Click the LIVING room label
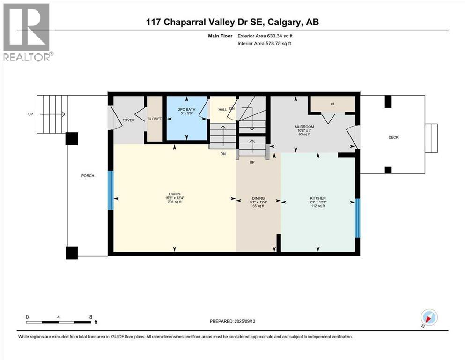point(174,194)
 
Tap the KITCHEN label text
point(318,198)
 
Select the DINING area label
point(258,198)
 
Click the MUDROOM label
point(304,127)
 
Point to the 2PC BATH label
point(187,110)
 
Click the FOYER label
point(128,120)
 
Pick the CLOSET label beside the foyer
point(155,119)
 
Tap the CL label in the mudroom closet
point(333,104)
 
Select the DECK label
point(393,137)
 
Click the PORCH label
point(88,176)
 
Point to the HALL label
point(223,110)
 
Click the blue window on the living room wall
point(111,190)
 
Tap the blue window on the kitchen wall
point(358,218)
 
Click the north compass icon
point(429,318)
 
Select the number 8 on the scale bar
point(91,317)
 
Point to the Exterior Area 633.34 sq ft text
point(265,36)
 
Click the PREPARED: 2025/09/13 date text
point(232,321)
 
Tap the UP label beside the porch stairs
point(30,114)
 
